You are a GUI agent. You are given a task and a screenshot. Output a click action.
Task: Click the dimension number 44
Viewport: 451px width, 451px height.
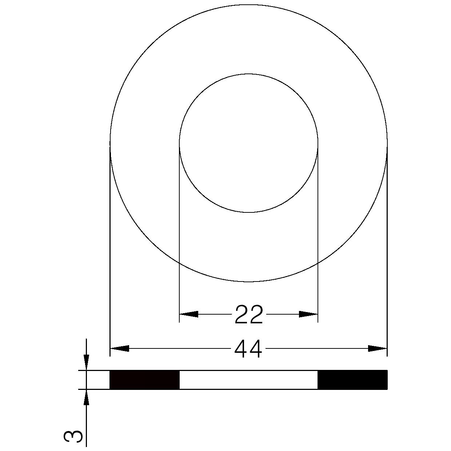click(x=248, y=350)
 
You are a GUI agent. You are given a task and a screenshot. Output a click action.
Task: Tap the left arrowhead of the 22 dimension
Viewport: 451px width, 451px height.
click(x=189, y=314)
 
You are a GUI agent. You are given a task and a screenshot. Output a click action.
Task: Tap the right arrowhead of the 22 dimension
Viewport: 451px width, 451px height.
click(x=308, y=314)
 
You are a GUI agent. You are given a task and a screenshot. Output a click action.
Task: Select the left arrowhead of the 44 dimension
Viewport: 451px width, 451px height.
click(x=119, y=348)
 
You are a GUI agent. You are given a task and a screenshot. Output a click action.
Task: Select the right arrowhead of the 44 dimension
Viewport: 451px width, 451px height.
click(x=378, y=348)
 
